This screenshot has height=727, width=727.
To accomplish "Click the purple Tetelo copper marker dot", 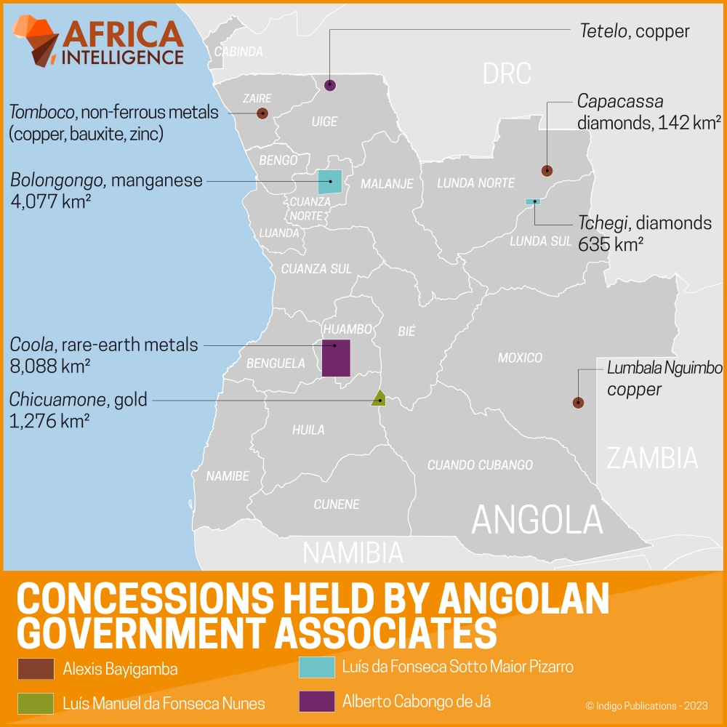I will pyautogui.click(x=330, y=85).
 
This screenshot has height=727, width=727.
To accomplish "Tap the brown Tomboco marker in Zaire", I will pyautogui.click(x=262, y=113).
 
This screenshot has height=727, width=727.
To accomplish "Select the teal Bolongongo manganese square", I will pyautogui.click(x=330, y=182).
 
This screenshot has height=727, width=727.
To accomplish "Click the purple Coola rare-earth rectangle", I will pyautogui.click(x=336, y=358).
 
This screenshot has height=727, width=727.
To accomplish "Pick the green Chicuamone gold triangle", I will pyautogui.click(x=378, y=398).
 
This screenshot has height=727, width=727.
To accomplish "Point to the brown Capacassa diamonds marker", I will pyautogui.click(x=547, y=171).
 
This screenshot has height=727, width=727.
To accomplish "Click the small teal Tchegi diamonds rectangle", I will pyautogui.click(x=533, y=201).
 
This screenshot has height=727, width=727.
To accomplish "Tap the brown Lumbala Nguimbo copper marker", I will pyautogui.click(x=578, y=402).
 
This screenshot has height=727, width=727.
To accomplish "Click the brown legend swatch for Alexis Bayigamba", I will pyautogui.click(x=35, y=668).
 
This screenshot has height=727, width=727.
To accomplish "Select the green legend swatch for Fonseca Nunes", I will pyautogui.click(x=35, y=703).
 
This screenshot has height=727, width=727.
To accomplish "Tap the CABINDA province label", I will pyautogui.click(x=238, y=52).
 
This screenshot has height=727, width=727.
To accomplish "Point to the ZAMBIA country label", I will pyautogui.click(x=652, y=458).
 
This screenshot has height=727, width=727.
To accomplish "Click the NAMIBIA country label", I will pyautogui.click(x=353, y=553).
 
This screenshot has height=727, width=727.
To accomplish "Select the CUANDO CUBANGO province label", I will pyautogui.click(x=480, y=465).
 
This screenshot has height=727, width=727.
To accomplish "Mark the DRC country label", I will pyautogui.click(x=507, y=73).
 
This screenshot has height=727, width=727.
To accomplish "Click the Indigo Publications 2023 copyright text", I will pyautogui.click(x=647, y=705).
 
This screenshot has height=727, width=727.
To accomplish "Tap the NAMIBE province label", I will pyautogui.click(x=228, y=476).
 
